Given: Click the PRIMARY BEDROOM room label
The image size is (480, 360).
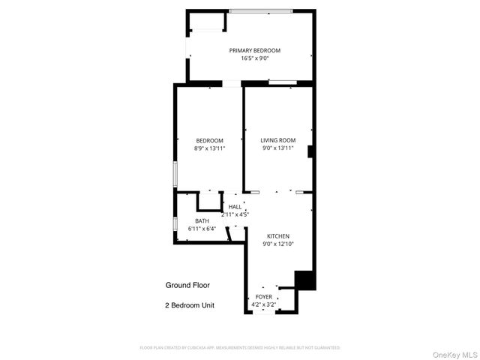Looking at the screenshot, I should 254,50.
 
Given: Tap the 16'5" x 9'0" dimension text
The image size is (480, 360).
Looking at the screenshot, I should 254,58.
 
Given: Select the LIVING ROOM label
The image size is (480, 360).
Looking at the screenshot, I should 277,140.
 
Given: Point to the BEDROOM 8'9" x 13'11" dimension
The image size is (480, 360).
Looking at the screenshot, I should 209,148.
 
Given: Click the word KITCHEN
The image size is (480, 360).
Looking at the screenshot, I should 278,235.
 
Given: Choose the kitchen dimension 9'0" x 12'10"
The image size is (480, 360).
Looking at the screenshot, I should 278,244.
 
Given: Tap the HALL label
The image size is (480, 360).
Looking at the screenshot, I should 235,206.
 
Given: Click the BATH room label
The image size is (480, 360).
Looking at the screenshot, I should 202,220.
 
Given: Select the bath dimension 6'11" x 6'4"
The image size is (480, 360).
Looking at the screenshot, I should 202,229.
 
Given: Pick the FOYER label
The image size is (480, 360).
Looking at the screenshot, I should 264,297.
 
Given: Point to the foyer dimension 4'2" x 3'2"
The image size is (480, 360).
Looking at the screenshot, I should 264,304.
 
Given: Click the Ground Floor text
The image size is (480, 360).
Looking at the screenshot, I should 187,285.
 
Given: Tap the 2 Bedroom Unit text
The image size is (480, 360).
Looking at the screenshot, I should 189,305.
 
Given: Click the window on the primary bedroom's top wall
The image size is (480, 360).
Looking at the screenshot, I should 260,10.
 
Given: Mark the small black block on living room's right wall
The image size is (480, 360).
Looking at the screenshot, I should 310,150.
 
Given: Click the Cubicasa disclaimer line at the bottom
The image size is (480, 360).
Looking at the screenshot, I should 240,348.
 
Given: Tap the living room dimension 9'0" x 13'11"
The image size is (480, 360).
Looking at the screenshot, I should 277,148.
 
